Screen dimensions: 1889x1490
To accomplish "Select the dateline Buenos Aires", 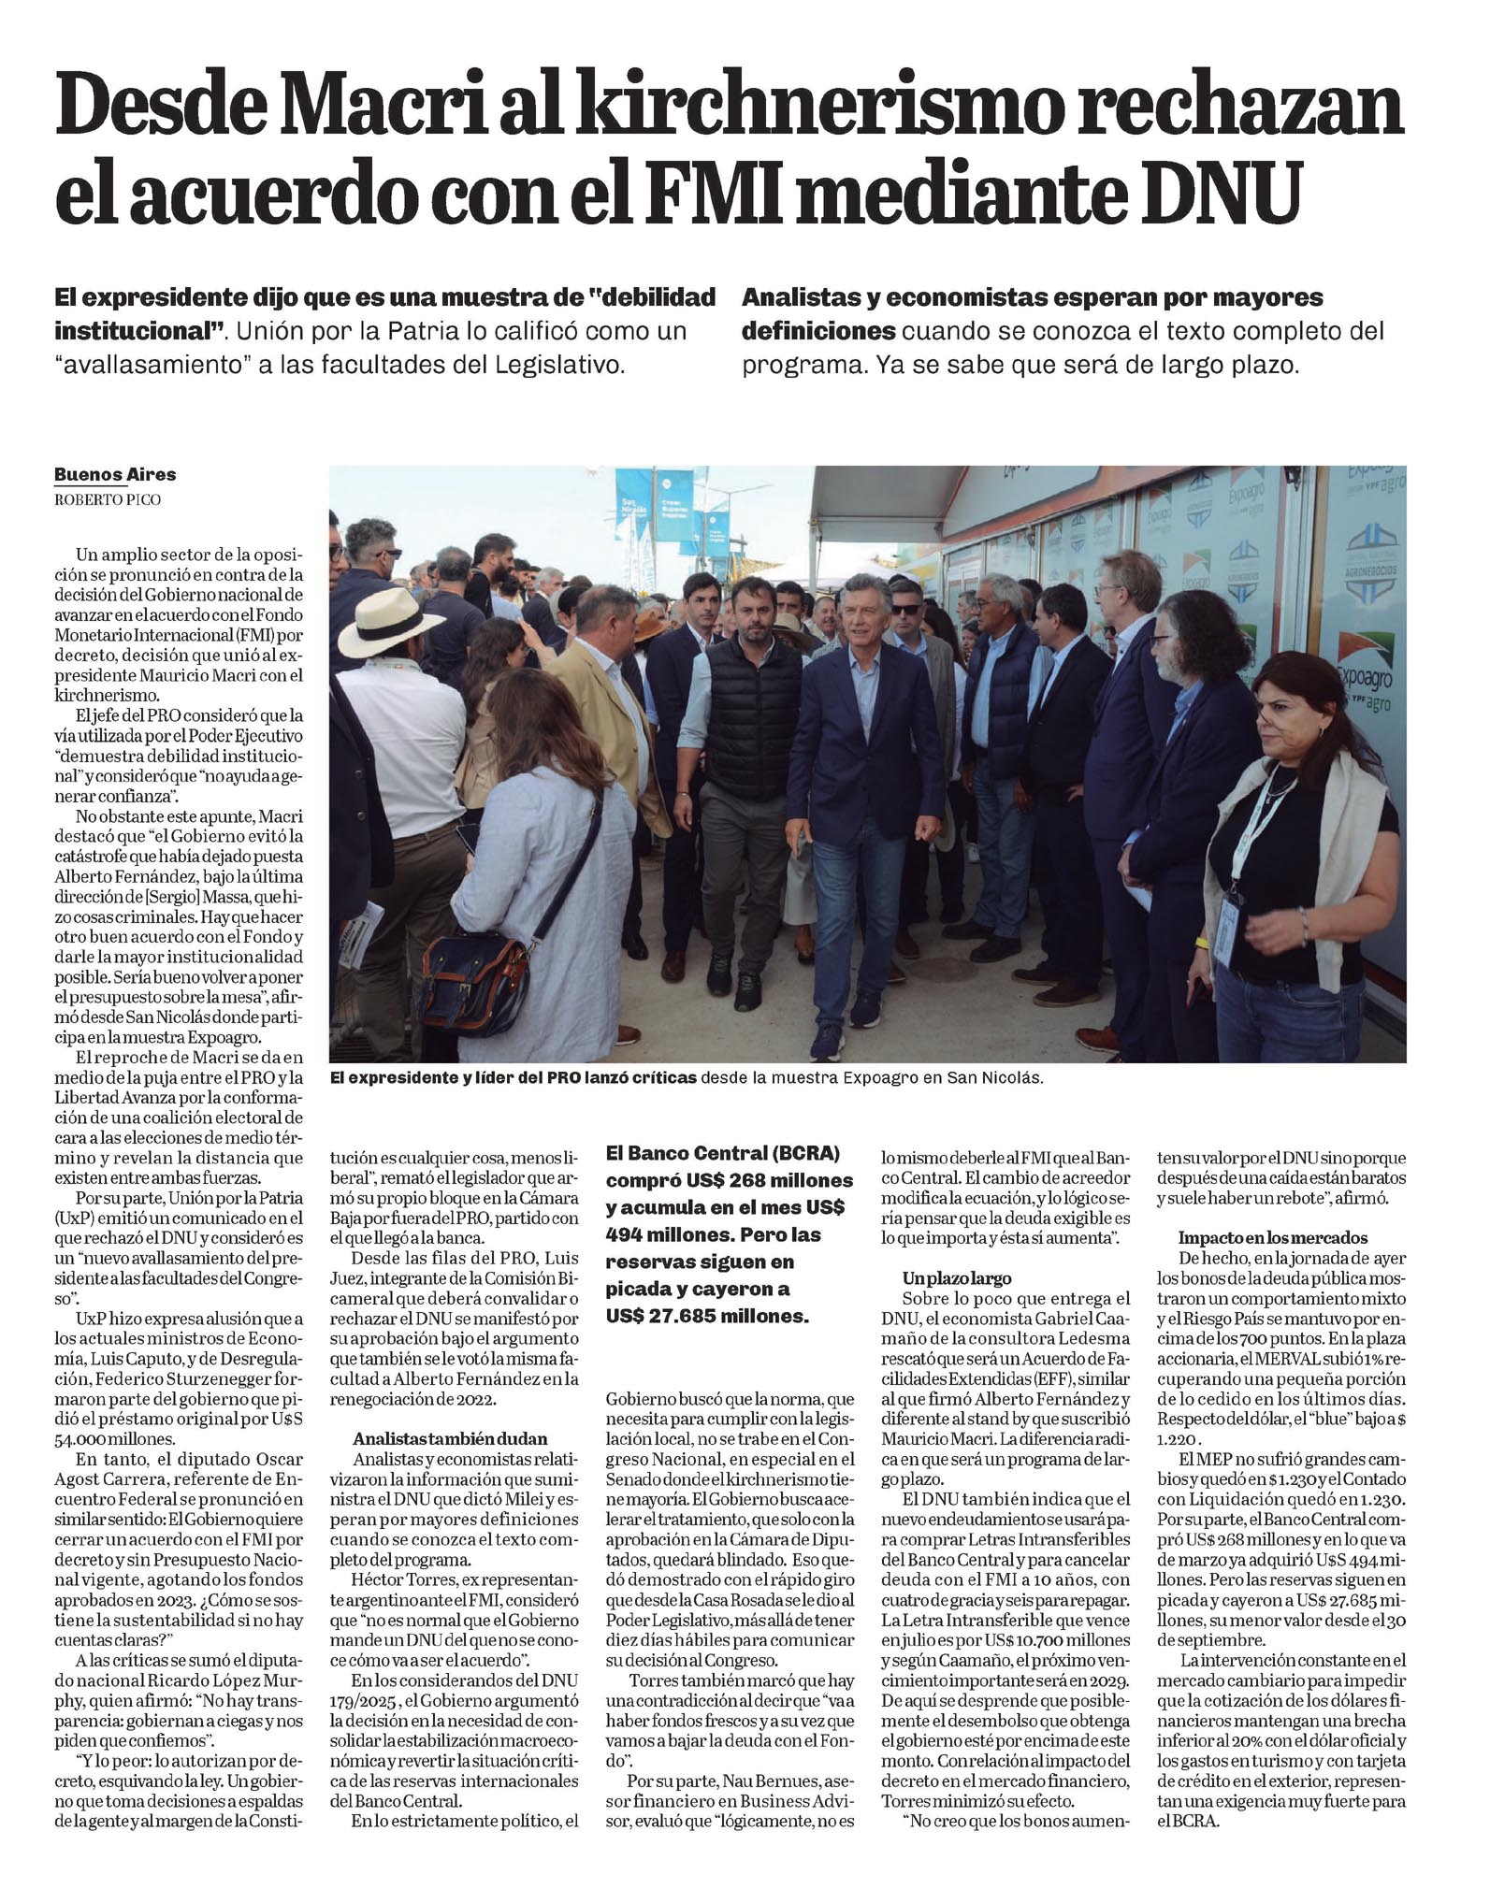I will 115,474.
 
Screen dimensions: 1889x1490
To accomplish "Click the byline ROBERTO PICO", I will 107,499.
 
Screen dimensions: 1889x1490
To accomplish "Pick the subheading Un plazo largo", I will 957,1277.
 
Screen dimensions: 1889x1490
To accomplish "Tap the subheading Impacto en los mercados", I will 1272,1237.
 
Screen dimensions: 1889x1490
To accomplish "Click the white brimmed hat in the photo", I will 390,626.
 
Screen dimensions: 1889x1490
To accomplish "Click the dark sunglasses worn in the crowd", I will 905,610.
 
